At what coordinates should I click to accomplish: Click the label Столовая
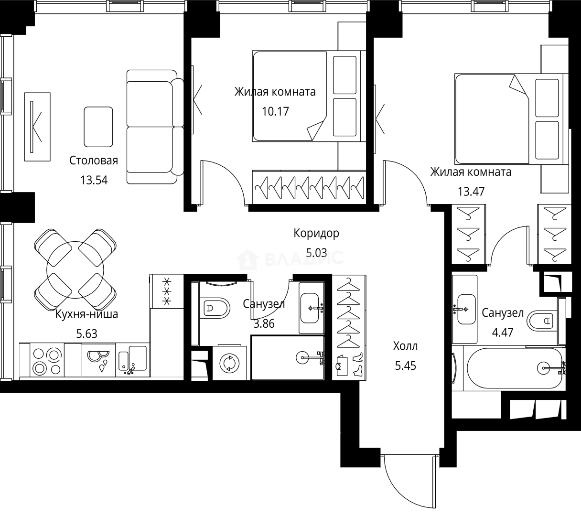pyautogui.click(x=94, y=161)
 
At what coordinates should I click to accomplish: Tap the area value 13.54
pyautogui.click(x=94, y=180)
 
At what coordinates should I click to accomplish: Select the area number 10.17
pyautogui.click(x=275, y=111)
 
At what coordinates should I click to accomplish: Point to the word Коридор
pyautogui.click(x=316, y=234)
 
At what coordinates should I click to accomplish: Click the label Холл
pyautogui.click(x=405, y=346)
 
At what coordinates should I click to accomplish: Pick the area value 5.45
pyautogui.click(x=406, y=366)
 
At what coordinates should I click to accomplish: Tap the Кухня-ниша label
pyautogui.click(x=86, y=314)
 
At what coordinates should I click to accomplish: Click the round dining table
pyautogui.click(x=75, y=270)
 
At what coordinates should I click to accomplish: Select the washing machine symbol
pyautogui.click(x=229, y=363)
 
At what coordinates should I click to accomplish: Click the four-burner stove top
pyautogui.click(x=47, y=360)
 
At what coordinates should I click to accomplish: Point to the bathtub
pyautogui.click(x=515, y=368)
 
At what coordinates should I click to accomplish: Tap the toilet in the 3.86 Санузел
pyautogui.click(x=215, y=308)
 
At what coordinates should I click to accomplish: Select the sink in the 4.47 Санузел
pyautogui.click(x=467, y=309)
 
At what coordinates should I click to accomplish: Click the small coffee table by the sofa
pyautogui.click(x=98, y=127)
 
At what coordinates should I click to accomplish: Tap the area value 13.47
pyautogui.click(x=471, y=191)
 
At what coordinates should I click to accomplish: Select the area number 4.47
pyautogui.click(x=503, y=333)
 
